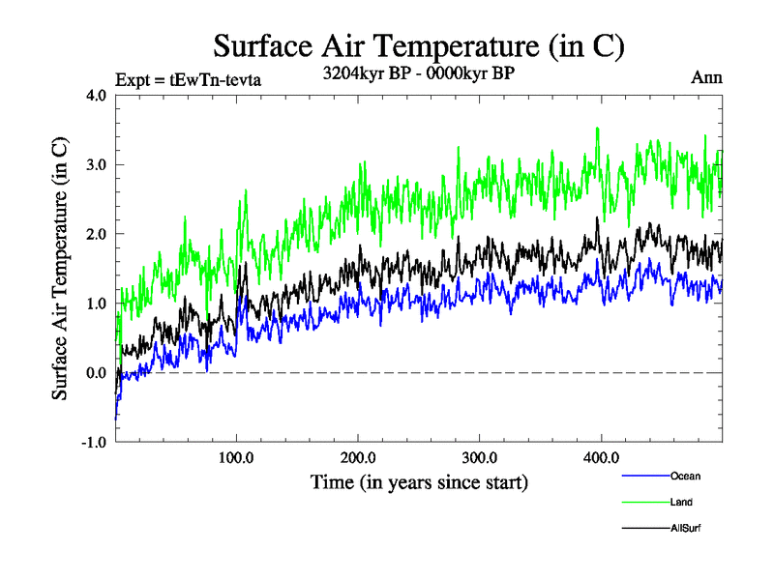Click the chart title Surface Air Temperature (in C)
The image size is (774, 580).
pos(418,45)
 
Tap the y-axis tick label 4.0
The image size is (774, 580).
pos(97,95)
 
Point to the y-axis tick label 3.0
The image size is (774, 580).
pos(97,164)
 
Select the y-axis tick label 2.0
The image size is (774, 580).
pos(97,234)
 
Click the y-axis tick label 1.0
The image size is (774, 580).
pos(97,304)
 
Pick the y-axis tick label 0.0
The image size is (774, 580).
pos(97,373)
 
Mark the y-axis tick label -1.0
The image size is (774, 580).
pos(95,443)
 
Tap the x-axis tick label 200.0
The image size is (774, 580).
pos(358,457)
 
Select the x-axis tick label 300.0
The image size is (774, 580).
pos(480,457)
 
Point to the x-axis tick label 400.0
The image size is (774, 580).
pos(601,457)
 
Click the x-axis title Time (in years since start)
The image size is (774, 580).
pos(419,480)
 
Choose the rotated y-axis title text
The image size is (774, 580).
pos(60,268)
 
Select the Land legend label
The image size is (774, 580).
pos(681,502)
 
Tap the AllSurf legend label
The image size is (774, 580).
pos(685,528)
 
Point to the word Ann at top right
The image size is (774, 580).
pos(706,77)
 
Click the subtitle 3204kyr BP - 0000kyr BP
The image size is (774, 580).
pos(418,73)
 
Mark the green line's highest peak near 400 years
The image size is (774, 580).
pos(598,129)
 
